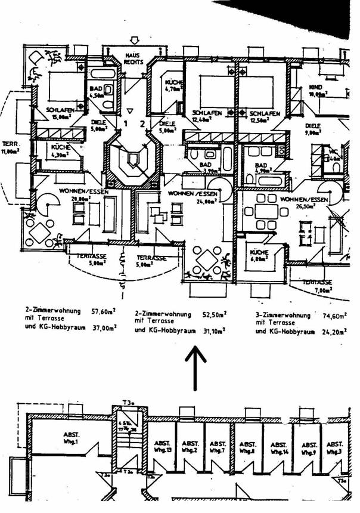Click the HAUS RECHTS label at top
tap(134, 58)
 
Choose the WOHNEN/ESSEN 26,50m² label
tap(304, 202)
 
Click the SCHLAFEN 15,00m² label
tap(58, 113)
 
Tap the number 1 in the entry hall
tap(126, 124)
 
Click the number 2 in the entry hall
tap(142, 124)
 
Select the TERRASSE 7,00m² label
tap(316, 285)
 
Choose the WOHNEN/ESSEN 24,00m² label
tap(191, 197)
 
